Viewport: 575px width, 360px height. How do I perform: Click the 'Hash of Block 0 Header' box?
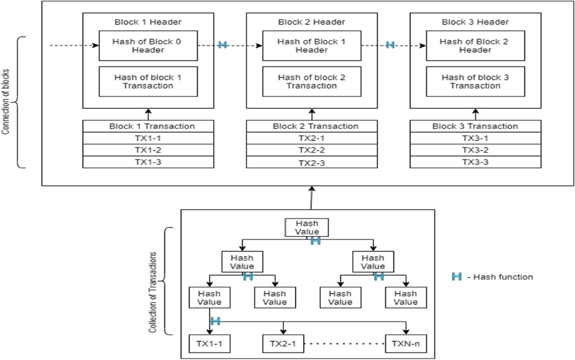(x=148, y=46)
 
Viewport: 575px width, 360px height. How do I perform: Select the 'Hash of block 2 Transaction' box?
(x=311, y=81)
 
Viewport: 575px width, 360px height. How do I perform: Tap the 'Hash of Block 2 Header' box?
(x=475, y=46)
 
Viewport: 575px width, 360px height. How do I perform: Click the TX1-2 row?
(x=148, y=150)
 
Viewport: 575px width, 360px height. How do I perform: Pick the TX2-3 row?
(x=311, y=163)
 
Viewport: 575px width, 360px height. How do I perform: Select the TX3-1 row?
(x=475, y=138)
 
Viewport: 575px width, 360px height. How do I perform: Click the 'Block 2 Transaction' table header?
(x=311, y=127)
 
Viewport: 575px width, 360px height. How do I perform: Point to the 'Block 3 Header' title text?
(x=475, y=22)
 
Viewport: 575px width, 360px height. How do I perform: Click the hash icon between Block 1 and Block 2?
(x=222, y=45)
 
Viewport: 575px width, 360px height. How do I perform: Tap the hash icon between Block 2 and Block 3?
(x=390, y=45)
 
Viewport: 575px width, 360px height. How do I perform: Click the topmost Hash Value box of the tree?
(x=307, y=228)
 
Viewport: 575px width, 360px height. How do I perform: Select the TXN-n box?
(x=406, y=344)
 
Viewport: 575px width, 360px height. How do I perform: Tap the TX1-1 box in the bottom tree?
(x=209, y=344)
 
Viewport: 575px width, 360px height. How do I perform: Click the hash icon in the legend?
(x=457, y=277)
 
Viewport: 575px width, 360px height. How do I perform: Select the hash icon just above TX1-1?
(x=215, y=321)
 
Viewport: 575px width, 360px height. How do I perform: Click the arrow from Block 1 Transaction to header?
(x=148, y=115)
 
